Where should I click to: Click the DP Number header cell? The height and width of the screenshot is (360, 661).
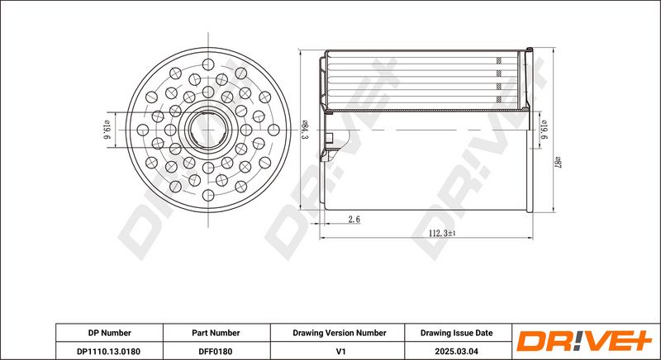coord(109,333)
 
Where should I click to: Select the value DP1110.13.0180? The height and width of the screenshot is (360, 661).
coord(109,351)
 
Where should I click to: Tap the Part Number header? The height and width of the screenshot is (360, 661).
coord(216,333)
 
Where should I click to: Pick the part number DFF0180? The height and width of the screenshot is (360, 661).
coord(216,351)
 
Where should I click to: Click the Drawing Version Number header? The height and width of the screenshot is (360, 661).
coord(340,333)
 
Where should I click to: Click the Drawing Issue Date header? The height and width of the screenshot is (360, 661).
coord(456,333)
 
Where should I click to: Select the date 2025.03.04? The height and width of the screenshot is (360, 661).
coord(458,351)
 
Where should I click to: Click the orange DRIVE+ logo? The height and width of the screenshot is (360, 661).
coord(584,341)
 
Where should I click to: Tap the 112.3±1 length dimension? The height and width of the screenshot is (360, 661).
coord(442,233)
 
